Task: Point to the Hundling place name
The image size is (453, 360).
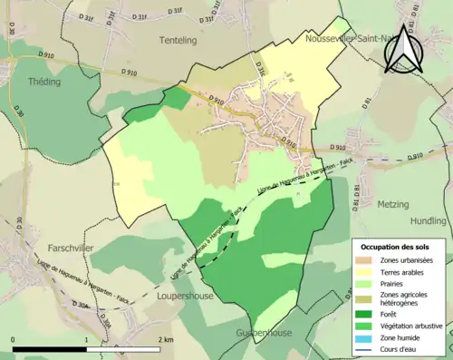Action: click(x=428, y=220)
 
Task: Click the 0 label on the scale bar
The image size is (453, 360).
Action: click(x=14, y=339)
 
